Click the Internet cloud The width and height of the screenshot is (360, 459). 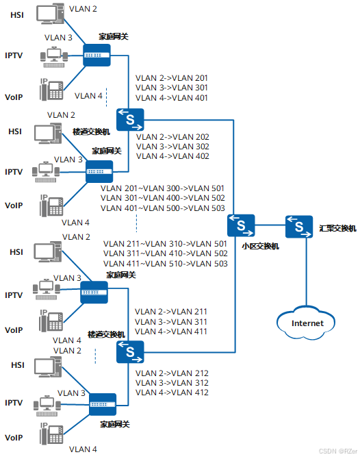tap(307, 323)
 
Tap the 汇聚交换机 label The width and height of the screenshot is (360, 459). tap(337, 227)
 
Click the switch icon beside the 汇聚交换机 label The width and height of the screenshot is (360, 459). tap(299, 226)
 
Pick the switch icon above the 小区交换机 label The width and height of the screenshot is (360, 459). tap(241, 225)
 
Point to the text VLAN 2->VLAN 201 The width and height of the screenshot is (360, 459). tap(172, 78)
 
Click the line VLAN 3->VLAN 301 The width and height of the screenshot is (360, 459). tap(172, 88)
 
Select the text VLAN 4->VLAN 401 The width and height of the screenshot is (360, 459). tap(172, 98)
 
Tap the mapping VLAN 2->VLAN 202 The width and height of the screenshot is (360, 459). tap(172, 137)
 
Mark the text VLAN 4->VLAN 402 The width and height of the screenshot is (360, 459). tap(172, 156)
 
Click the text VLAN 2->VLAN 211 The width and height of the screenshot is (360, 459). tap(171, 312)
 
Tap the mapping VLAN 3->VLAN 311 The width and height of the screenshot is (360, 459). tap(171, 321)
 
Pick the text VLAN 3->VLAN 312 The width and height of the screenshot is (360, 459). tap(172, 383)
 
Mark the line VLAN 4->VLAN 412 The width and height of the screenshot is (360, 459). tap(172, 393)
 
